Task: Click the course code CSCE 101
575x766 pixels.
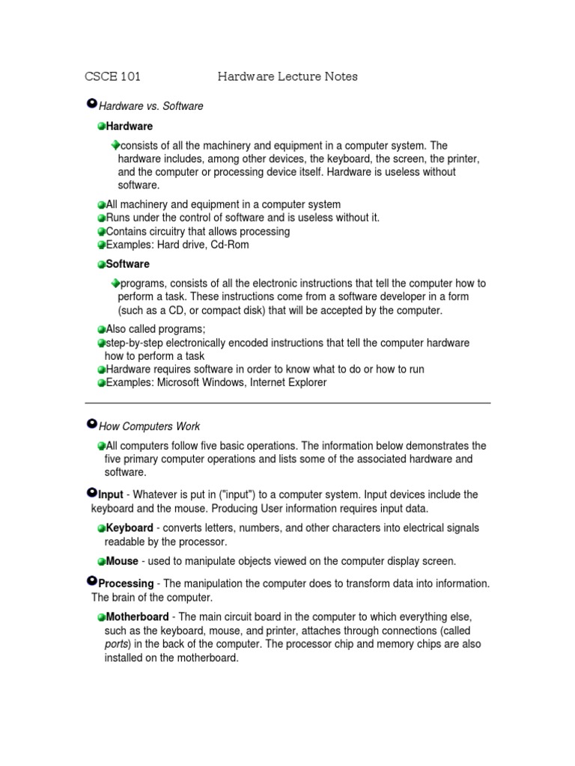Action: tap(112, 76)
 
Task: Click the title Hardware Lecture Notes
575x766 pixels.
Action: tap(287, 76)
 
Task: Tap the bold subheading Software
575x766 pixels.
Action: tap(127, 264)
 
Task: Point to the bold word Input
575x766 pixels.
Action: tap(110, 495)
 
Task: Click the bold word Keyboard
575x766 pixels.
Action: tap(130, 528)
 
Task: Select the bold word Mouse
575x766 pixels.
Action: tap(122, 561)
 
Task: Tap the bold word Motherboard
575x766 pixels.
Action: tap(137, 617)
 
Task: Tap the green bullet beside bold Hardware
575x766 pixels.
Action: tap(101, 126)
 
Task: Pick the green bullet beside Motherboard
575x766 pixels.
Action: tap(101, 617)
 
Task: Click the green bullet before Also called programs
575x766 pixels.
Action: tap(101, 329)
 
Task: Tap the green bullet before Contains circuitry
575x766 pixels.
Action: tap(101, 231)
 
